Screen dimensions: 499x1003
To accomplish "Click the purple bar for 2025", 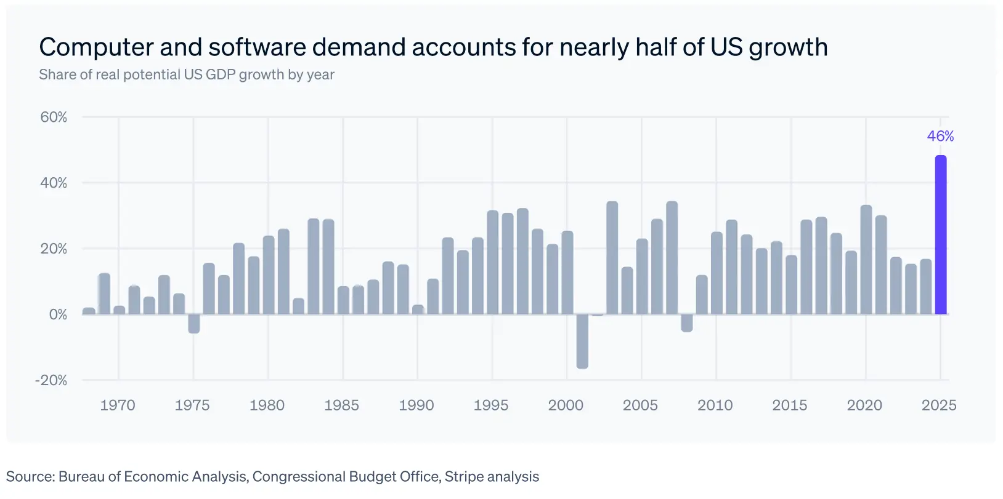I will tap(940, 235).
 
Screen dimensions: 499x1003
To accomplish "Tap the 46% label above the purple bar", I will tap(940, 136).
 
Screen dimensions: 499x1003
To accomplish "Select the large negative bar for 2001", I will tap(582, 341).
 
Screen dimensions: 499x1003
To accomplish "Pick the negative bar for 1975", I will tap(194, 324).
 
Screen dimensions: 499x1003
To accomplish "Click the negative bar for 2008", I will tap(687, 323).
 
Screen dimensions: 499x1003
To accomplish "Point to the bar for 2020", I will tap(866, 260).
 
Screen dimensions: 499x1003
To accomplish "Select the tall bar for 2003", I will tap(612, 258).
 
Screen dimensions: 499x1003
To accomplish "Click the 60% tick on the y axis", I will tap(54, 117).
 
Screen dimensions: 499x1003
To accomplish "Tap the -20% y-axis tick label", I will tap(51, 380).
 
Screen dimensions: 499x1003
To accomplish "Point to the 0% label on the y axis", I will tap(58, 314).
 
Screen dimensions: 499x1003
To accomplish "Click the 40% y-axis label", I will tap(54, 183).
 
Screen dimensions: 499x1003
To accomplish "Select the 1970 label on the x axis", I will tap(118, 405).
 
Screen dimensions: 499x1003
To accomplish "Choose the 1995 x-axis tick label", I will tap(491, 405).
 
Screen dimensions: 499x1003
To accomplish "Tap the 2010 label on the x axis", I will tap(715, 405).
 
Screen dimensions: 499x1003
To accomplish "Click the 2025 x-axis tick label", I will tap(939, 405).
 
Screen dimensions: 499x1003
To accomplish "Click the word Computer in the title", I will tap(96, 47).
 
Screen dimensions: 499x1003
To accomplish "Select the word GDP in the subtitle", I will tap(221, 74).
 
